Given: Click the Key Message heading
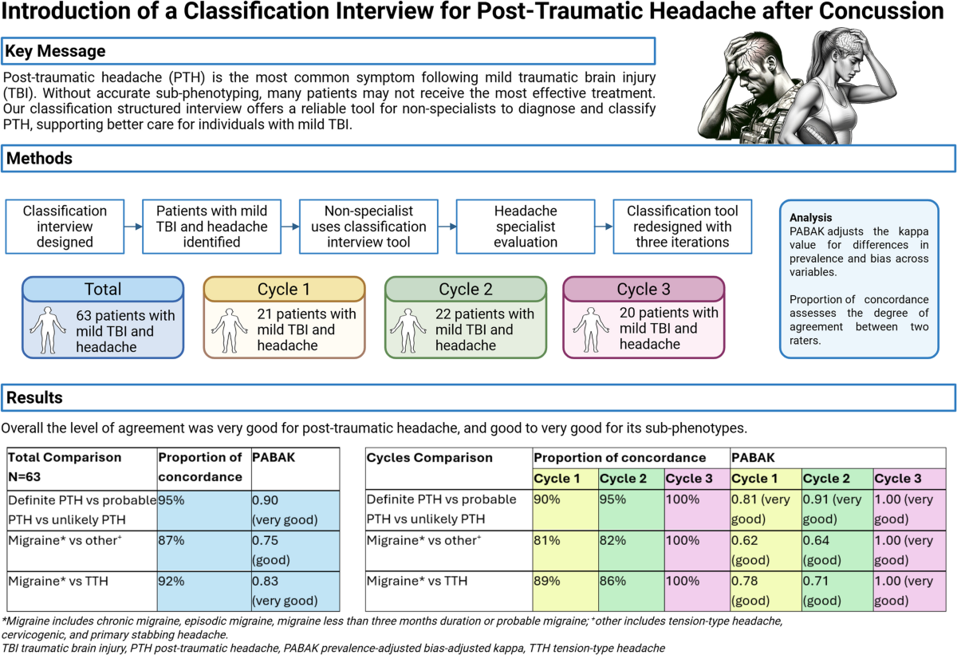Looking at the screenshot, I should click(x=56, y=51).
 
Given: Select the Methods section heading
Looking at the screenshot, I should click(x=40, y=158).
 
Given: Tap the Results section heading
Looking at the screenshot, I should click(x=35, y=397).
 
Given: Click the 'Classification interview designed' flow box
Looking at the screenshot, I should click(x=65, y=226).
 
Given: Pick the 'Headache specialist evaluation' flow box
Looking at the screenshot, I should click(x=526, y=226).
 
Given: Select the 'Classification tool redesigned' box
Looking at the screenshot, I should click(x=683, y=226).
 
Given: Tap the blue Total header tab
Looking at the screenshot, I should click(x=103, y=289).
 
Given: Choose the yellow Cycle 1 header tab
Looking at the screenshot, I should click(x=285, y=289).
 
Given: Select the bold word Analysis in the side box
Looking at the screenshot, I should click(x=811, y=217).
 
